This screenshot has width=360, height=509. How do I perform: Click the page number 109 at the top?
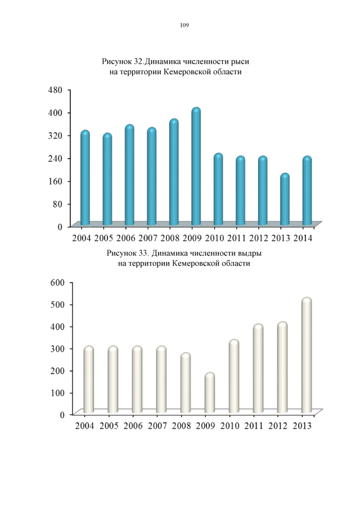(184, 25)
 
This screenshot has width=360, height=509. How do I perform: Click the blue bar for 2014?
(307, 191)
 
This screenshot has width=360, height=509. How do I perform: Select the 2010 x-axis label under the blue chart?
(218, 237)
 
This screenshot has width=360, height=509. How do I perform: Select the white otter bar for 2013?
(307, 356)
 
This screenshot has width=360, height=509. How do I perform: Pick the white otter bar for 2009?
(210, 393)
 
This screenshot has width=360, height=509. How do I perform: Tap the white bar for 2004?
(88, 380)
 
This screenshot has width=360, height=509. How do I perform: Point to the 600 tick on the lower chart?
(59, 282)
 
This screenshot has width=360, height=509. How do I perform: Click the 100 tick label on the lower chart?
(59, 392)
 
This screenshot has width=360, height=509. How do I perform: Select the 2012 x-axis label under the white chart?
(278, 426)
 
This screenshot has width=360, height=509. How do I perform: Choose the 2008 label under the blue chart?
(173, 237)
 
